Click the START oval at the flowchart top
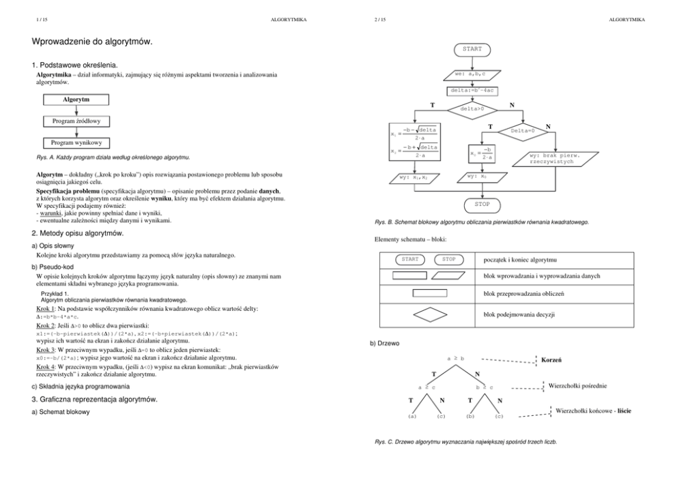472,49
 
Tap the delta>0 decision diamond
472,108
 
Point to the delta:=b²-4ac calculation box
472,90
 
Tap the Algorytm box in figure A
76,100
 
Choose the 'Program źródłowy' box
76,121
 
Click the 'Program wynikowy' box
76,143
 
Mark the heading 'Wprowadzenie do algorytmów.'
92,42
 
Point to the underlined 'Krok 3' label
47,349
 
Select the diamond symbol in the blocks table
429,315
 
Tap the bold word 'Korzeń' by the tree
551,359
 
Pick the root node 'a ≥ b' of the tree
455,358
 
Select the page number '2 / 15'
380,20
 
